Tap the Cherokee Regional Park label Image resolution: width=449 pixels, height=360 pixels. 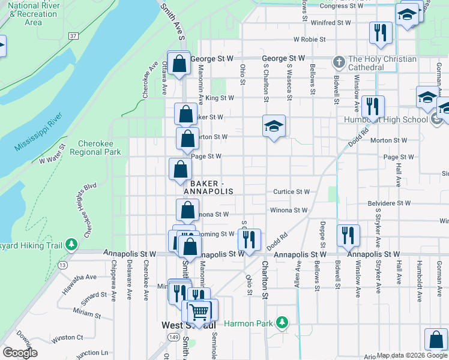click(x=100, y=148)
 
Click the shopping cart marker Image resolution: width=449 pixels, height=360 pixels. click(x=199, y=311)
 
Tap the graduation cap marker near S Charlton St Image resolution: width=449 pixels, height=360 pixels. click(x=274, y=126)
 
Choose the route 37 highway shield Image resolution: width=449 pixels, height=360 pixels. click(x=73, y=36)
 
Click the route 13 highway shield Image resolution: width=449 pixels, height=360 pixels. click(x=62, y=264)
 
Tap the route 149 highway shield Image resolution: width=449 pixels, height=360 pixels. click(x=174, y=337)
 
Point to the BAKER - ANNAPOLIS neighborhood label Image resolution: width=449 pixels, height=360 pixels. click(x=208, y=187)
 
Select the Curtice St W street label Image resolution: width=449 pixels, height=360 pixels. click(x=291, y=192)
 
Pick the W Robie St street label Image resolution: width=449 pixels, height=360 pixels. click(x=309, y=40)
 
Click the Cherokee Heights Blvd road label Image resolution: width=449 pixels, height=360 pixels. click(x=89, y=210)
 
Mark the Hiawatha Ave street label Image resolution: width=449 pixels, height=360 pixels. click(x=79, y=283)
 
